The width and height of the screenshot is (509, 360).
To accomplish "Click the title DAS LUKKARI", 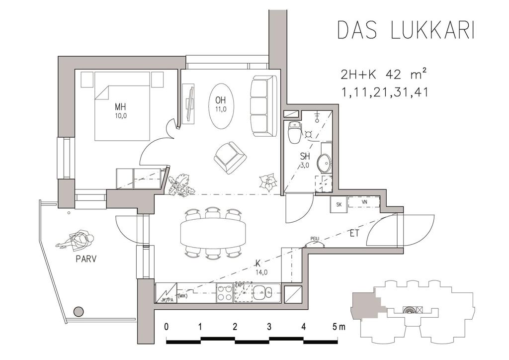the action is click(x=406, y=30).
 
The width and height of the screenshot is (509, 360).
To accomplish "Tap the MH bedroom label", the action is click(x=120, y=106).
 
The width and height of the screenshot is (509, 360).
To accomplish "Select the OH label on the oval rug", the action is click(x=220, y=100).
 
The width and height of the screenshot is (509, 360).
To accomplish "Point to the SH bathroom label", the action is click(x=305, y=156).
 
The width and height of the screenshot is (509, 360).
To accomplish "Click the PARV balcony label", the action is click(x=86, y=259).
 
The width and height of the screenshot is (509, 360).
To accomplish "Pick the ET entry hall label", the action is click(x=354, y=233).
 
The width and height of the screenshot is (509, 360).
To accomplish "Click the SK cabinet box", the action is click(x=339, y=204).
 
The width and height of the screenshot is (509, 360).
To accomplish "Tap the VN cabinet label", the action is click(x=364, y=201).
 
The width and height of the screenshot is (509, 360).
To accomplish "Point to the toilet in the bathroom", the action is click(x=294, y=132).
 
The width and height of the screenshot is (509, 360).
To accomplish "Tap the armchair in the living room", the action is click(x=230, y=158).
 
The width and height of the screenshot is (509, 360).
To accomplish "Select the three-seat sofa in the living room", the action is click(x=263, y=106).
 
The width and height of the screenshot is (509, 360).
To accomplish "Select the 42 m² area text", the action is click(x=406, y=75).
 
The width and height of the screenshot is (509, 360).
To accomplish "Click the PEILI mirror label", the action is click(x=315, y=239).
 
